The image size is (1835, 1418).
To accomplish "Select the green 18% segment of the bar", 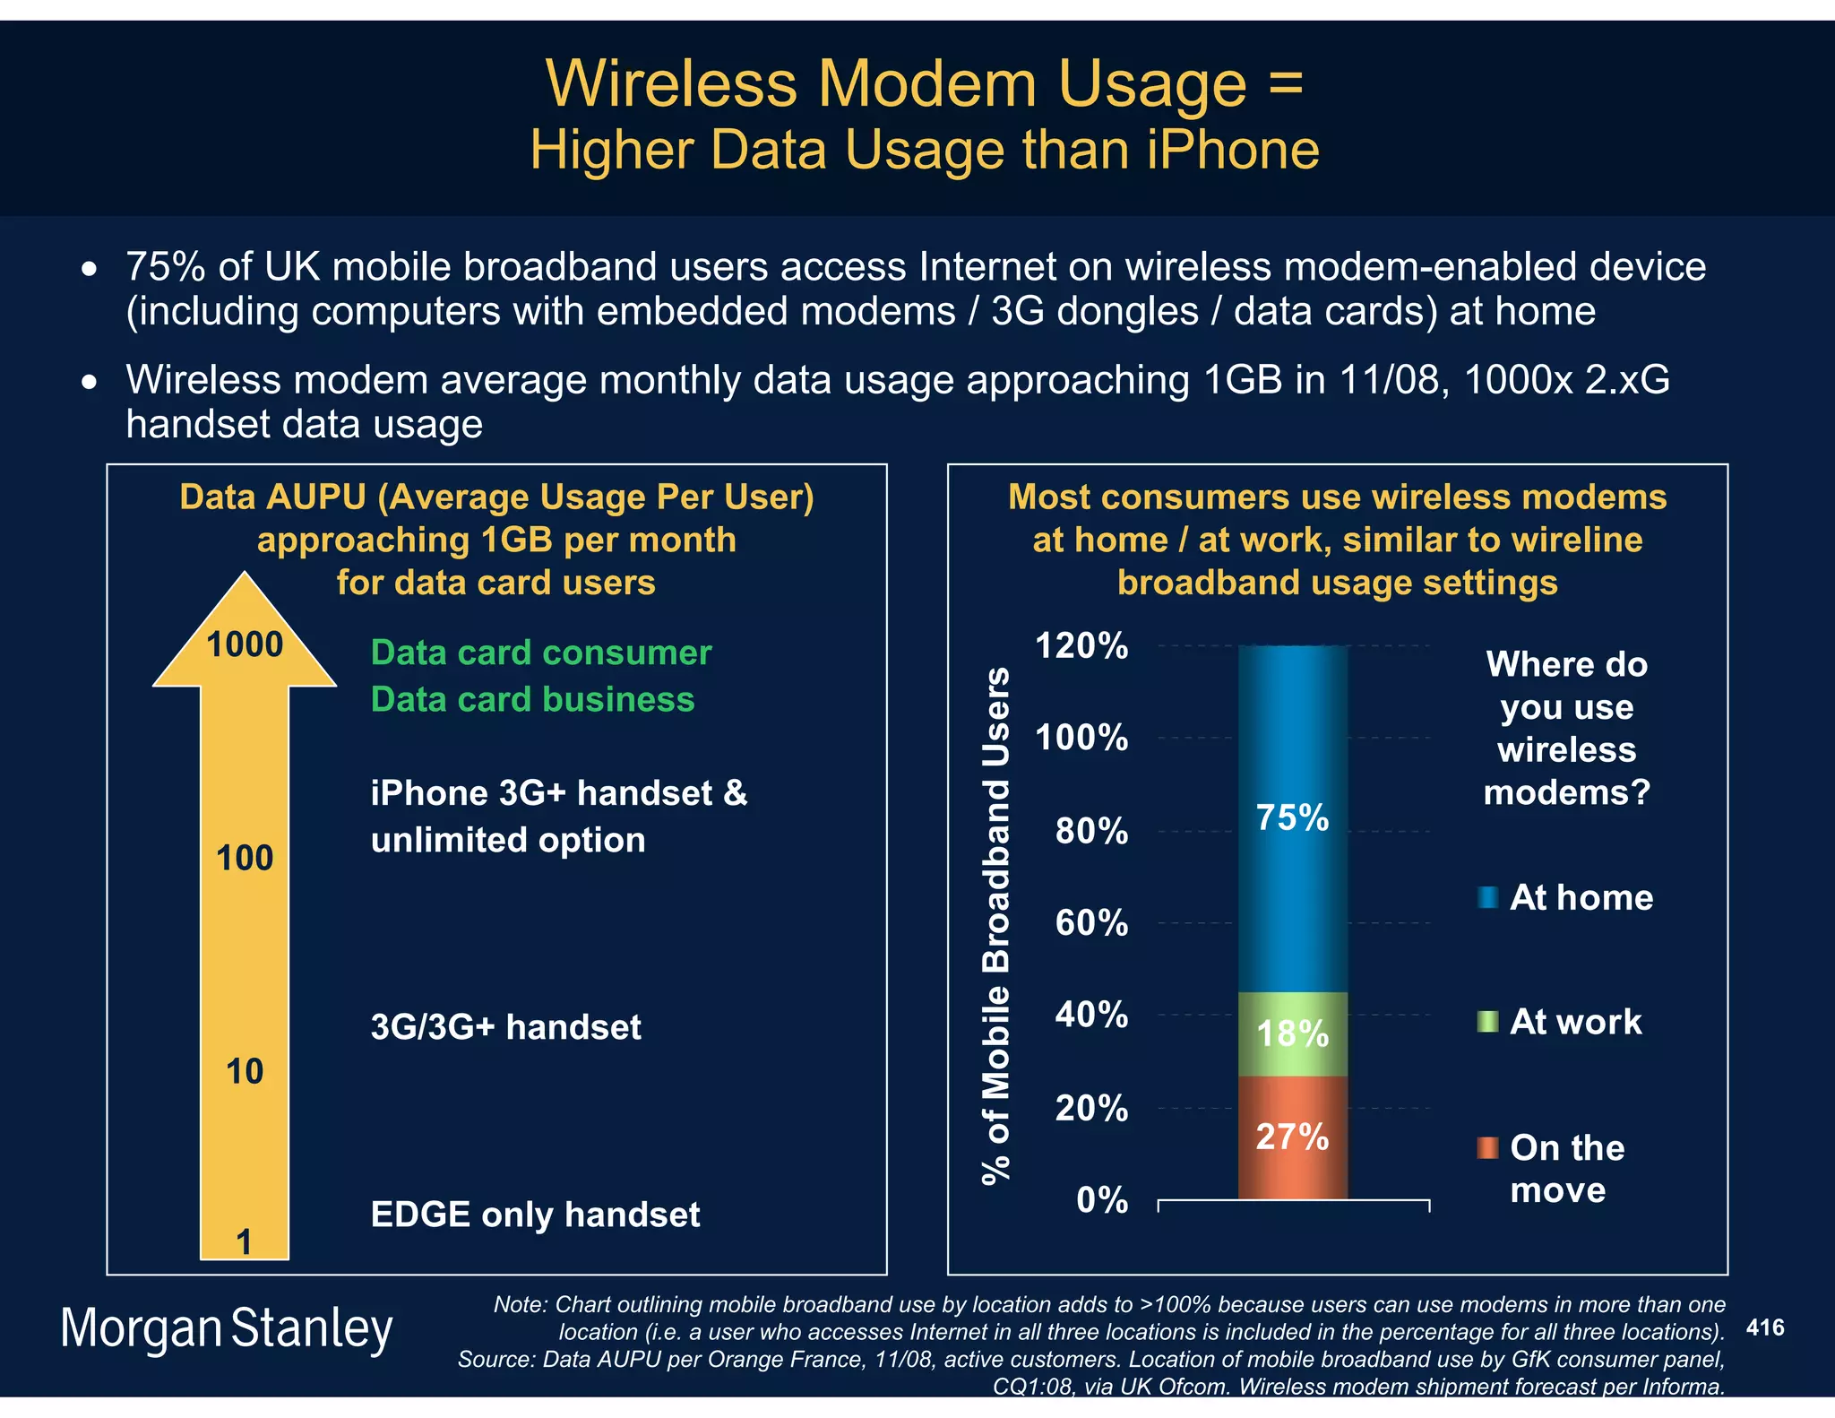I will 1292,1033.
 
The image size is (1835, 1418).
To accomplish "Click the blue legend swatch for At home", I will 1487,897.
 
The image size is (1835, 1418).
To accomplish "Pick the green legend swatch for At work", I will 1487,1022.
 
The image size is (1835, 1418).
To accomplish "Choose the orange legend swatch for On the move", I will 1487,1147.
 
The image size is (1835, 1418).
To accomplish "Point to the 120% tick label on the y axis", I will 1081,645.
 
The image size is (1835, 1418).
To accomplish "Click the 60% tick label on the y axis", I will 1091,922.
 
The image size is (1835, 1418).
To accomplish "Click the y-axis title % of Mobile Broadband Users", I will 996,925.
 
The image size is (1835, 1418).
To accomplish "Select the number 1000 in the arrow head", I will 245,644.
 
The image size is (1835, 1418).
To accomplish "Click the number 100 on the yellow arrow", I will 245,858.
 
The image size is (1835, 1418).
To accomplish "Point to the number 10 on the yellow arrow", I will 245,1071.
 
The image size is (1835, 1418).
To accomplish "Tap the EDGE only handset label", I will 535,1215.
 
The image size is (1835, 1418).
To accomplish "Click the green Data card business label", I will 532,699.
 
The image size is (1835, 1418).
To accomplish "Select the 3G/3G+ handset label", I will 505,1027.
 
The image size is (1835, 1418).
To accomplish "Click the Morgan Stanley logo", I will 227,1328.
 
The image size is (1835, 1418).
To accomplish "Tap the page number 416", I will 1765,1327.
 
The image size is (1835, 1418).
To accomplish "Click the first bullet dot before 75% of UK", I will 89,268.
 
